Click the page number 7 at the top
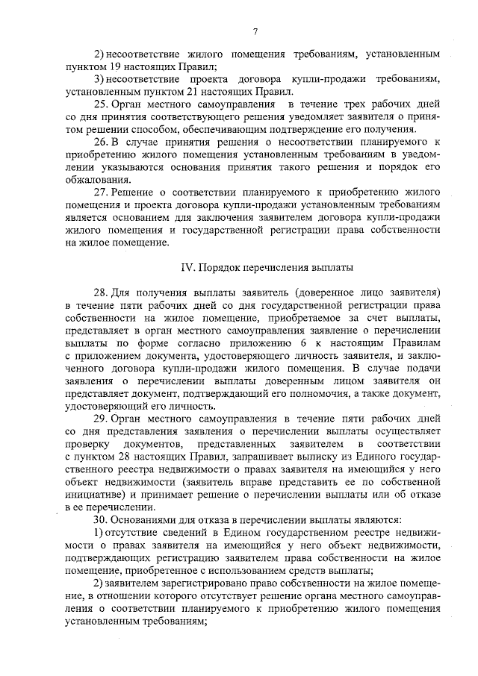255,31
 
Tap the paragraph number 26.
101,142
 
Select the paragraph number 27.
101,192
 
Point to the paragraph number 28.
101,290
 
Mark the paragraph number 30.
101,519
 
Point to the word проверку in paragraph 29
89,445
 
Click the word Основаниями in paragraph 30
146,519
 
